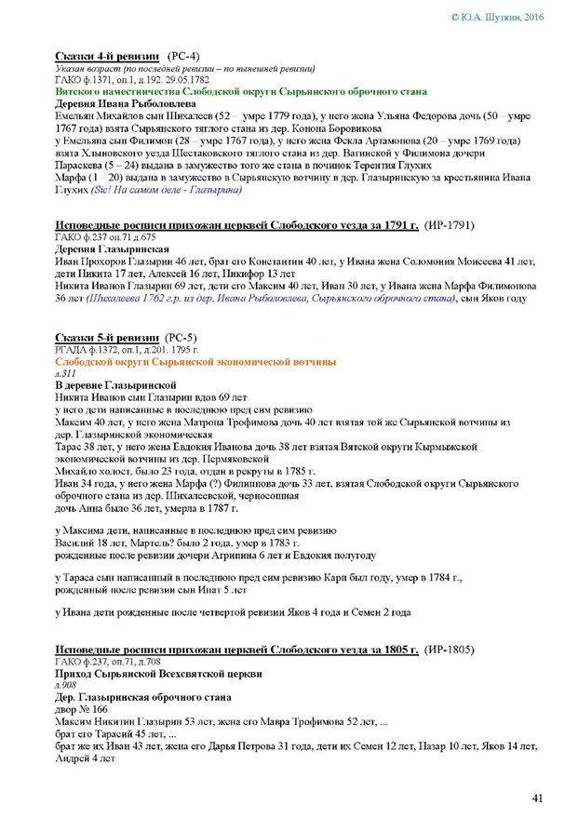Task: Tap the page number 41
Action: pyautogui.click(x=537, y=798)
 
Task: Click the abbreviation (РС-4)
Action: pyautogui.click(x=182, y=57)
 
